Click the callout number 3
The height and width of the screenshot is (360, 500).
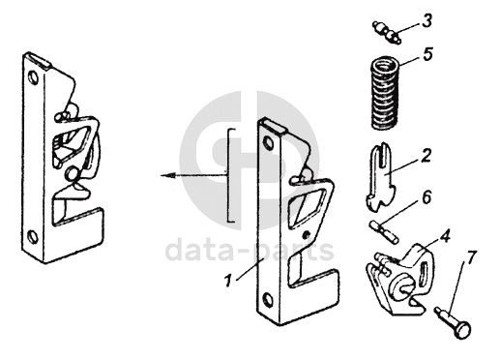(x=426, y=20)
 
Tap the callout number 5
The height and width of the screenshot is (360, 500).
(x=427, y=54)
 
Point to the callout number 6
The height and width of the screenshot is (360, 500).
(x=426, y=197)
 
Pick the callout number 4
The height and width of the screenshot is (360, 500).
(x=445, y=237)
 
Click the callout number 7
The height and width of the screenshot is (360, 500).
(x=471, y=258)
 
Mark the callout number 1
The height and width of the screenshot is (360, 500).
(x=228, y=281)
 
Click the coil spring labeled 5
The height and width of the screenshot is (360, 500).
(x=385, y=93)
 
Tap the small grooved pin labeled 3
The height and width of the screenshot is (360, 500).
(x=387, y=32)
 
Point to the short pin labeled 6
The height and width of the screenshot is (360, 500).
(x=385, y=231)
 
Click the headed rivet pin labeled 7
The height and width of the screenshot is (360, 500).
(x=453, y=323)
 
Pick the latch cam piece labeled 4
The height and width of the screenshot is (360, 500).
(x=399, y=279)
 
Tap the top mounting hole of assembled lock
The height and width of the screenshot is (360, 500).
(x=33, y=77)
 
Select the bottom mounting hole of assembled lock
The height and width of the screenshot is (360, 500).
(x=33, y=237)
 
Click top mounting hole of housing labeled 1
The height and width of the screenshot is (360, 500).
(x=268, y=142)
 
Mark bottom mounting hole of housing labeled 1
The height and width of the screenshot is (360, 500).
(x=268, y=300)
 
